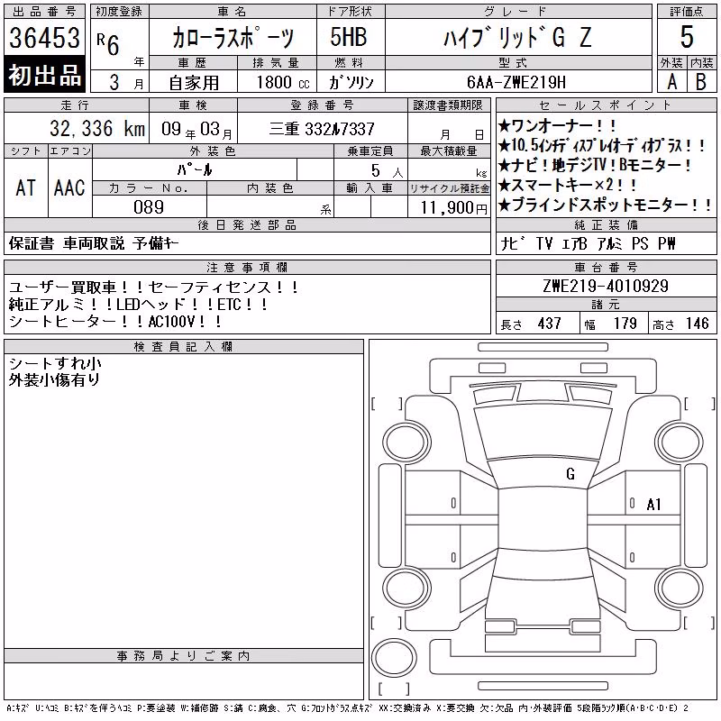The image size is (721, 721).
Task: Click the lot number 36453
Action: (x=44, y=37)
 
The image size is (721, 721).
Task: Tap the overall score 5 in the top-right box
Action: (x=687, y=37)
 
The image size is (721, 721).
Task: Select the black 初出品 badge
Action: (x=44, y=74)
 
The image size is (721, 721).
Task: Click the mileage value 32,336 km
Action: (x=97, y=129)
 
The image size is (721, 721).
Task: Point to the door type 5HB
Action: (x=349, y=37)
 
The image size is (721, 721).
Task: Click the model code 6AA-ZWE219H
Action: (x=516, y=82)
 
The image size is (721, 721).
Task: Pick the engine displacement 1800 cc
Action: (x=283, y=82)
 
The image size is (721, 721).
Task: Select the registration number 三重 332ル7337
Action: (x=322, y=129)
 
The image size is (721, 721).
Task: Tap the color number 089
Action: (x=149, y=207)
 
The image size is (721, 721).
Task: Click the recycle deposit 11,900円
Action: (x=453, y=207)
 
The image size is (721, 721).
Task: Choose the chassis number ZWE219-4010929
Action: (x=606, y=286)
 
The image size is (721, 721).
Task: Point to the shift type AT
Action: (x=26, y=187)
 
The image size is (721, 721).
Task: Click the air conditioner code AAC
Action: (x=69, y=187)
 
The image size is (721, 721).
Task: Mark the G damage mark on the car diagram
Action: (x=570, y=474)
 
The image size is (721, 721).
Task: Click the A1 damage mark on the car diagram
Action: (x=653, y=505)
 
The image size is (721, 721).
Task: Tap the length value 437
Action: (x=549, y=324)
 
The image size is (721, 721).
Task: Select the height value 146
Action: (x=697, y=324)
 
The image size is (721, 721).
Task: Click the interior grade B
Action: (x=701, y=82)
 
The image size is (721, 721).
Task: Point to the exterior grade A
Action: (x=671, y=82)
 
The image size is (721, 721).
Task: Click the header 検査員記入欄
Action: (x=183, y=347)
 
